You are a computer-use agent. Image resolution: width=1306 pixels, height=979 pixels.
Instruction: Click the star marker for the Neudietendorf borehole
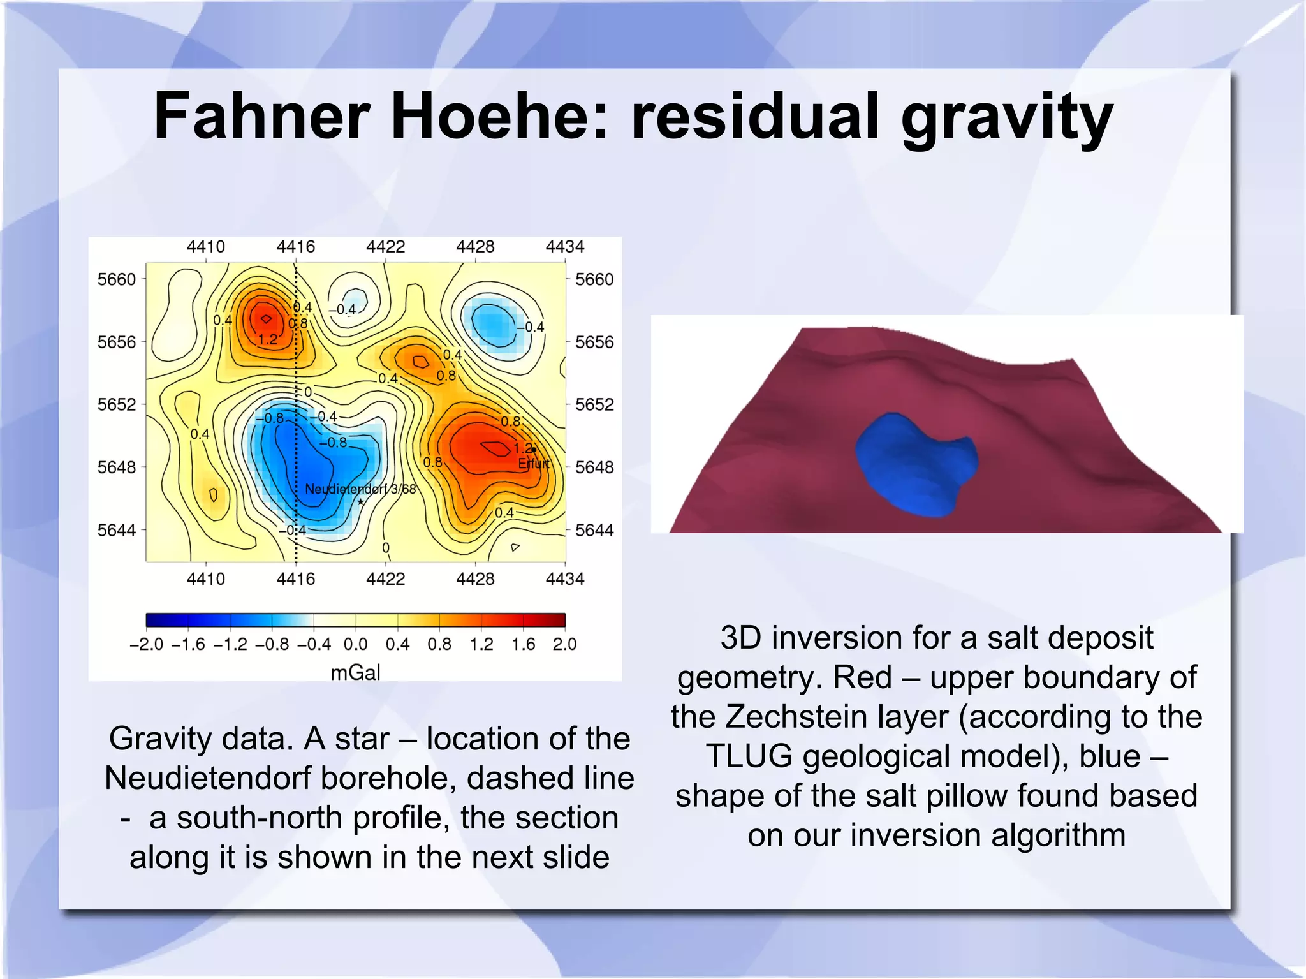[x=361, y=502]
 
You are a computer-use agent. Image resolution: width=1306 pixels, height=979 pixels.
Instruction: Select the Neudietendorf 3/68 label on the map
[x=360, y=489]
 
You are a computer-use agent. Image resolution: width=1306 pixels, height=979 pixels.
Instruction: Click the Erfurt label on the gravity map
[x=534, y=464]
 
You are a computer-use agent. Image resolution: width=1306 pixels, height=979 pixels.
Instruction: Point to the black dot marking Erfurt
[x=534, y=450]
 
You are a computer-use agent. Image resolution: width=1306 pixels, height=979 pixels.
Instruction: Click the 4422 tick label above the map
[x=385, y=246]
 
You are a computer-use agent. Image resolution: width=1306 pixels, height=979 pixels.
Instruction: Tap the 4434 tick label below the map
[x=564, y=578]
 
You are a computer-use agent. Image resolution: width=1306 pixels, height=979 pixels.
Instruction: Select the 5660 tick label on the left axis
[x=117, y=279]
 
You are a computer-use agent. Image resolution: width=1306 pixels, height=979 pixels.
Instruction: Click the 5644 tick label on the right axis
[x=594, y=530]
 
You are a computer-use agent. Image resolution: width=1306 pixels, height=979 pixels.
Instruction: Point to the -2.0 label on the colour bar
[x=146, y=644]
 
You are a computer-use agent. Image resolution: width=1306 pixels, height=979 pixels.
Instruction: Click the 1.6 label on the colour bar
[x=523, y=644]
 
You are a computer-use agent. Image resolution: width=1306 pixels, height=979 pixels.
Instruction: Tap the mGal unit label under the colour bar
[x=355, y=672]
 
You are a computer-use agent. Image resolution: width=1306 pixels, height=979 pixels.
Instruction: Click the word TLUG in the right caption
[x=749, y=756]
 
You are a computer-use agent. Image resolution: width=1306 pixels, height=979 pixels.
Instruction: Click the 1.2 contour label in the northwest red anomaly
[x=268, y=339]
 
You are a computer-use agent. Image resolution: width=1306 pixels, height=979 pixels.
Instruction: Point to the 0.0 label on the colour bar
[x=355, y=644]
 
